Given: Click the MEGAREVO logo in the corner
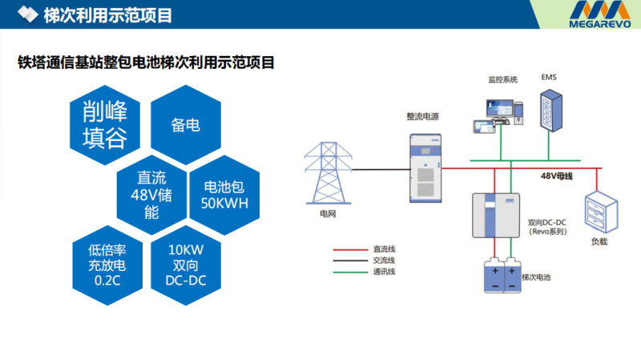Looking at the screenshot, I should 603,15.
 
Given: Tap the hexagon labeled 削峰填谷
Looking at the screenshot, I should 104,124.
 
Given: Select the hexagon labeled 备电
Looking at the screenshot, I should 185,125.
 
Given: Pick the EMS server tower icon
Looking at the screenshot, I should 550,107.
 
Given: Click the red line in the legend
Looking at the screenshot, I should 349,249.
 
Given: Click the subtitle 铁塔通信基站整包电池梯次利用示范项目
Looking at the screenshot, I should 147,62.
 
